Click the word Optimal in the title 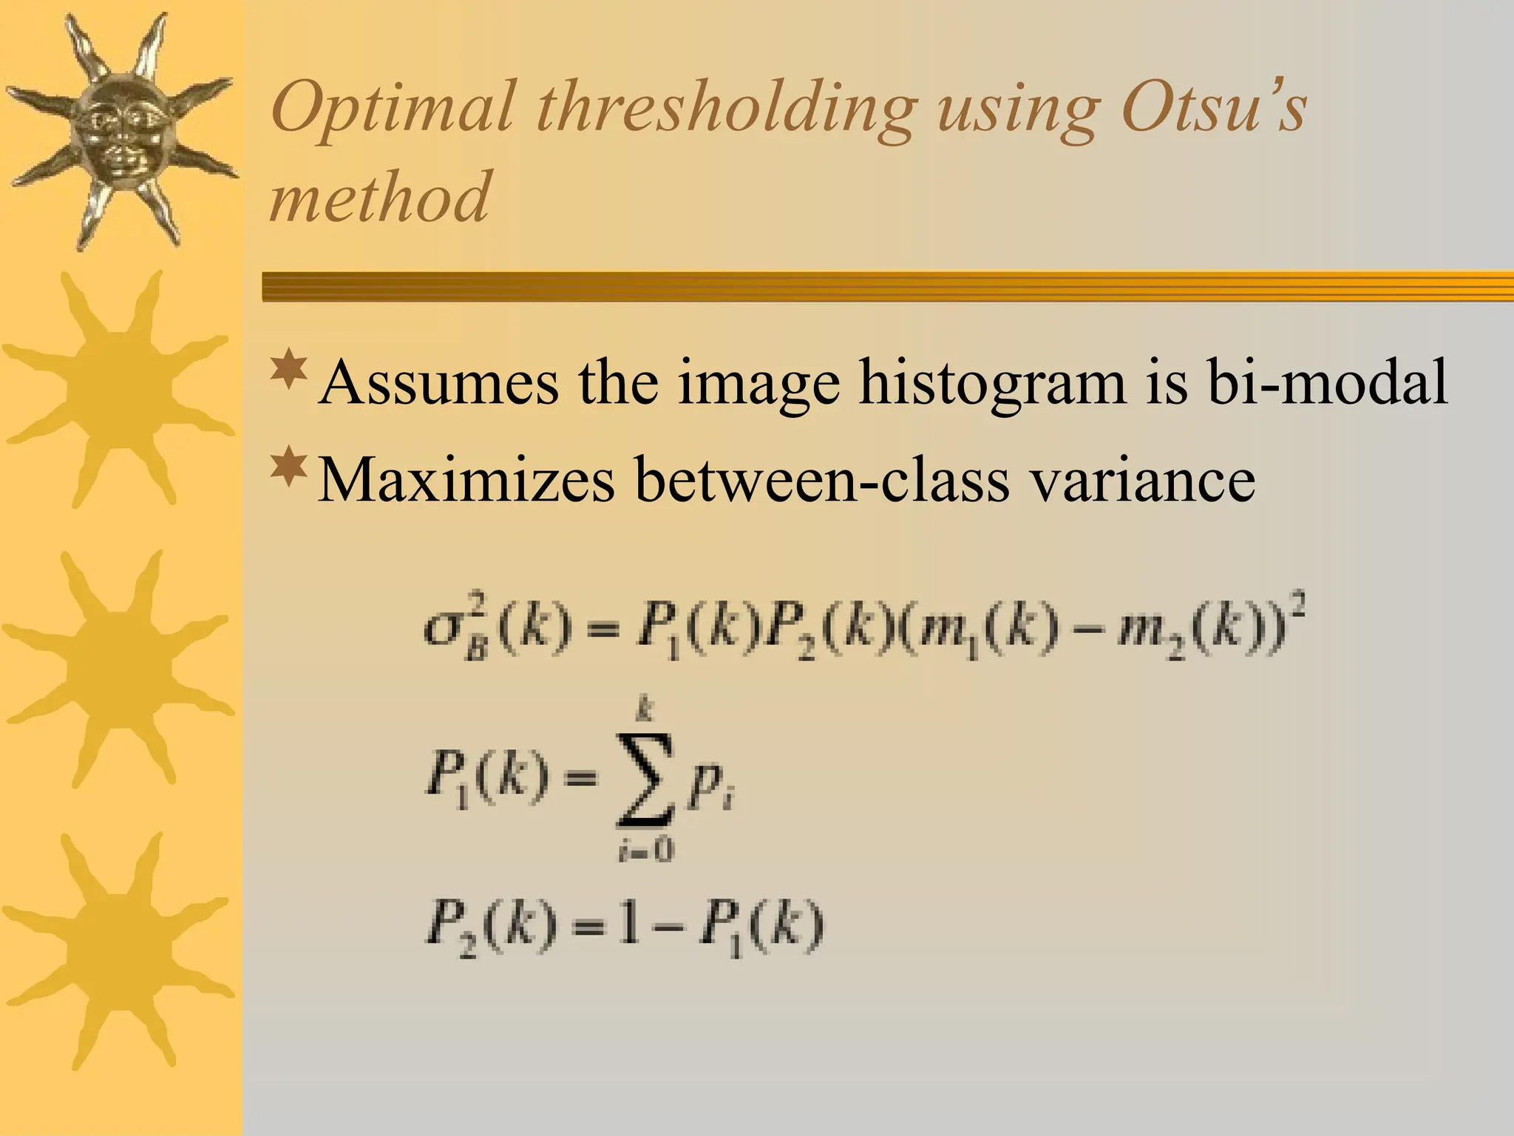tap(392, 109)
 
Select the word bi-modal tap(1327, 382)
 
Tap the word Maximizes tap(466, 480)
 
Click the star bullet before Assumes tap(289, 371)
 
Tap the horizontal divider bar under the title tap(887, 287)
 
